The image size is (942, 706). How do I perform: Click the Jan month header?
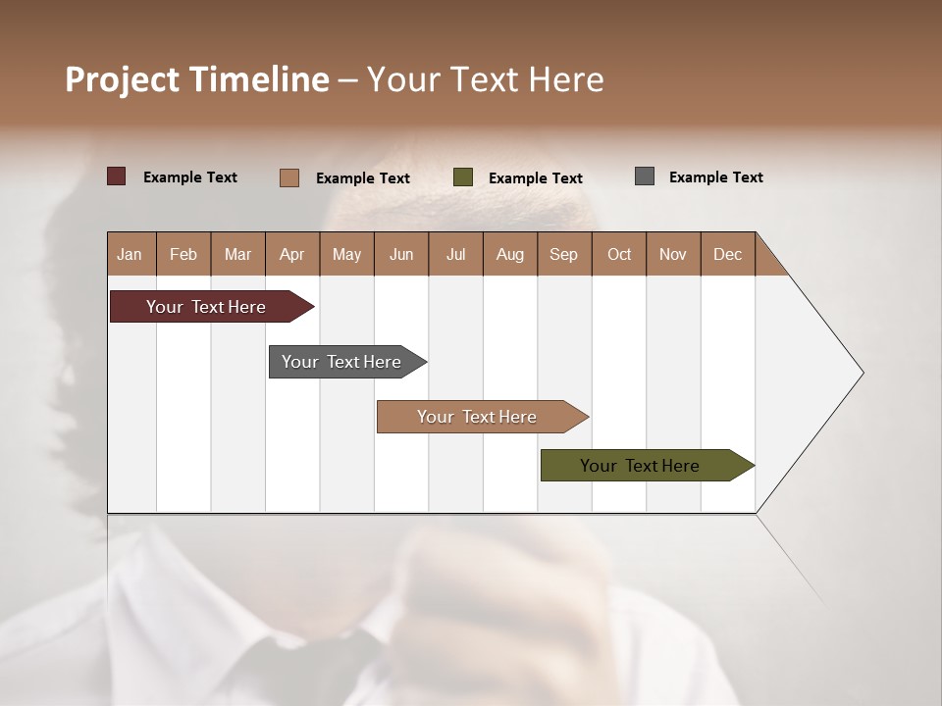pos(130,254)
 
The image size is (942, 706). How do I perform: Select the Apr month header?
pos(291,254)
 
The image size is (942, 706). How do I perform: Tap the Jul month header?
pos(455,254)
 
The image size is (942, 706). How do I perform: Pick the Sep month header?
pos(563,254)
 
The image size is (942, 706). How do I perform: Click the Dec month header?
pos(727,254)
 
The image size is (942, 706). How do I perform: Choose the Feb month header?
pos(183,254)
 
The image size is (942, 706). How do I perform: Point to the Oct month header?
pos(619,254)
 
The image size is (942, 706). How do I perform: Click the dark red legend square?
pos(117,176)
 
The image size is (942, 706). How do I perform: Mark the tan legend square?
pos(289,177)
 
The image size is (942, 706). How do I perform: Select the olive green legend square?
pos(463,177)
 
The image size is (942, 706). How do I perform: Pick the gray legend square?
pos(645,176)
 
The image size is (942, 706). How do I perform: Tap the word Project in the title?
pos(123,79)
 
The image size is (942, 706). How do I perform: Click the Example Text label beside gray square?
pos(715,177)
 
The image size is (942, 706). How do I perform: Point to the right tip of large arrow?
pos(861,373)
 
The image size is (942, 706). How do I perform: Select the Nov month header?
pos(673,254)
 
